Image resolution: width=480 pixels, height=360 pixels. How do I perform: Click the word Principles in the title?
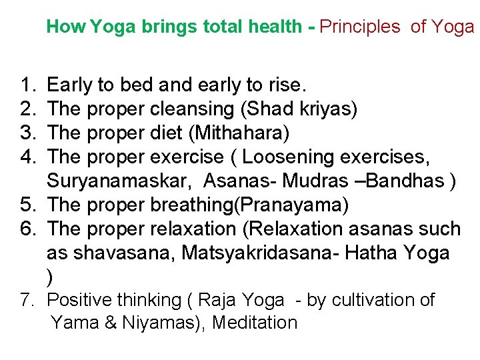pos(360,27)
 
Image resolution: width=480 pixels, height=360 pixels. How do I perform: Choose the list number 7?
pos(29,300)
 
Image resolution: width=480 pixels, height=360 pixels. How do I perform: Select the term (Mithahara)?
pos(239,133)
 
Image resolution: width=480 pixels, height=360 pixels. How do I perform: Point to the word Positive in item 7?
pos(86,300)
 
